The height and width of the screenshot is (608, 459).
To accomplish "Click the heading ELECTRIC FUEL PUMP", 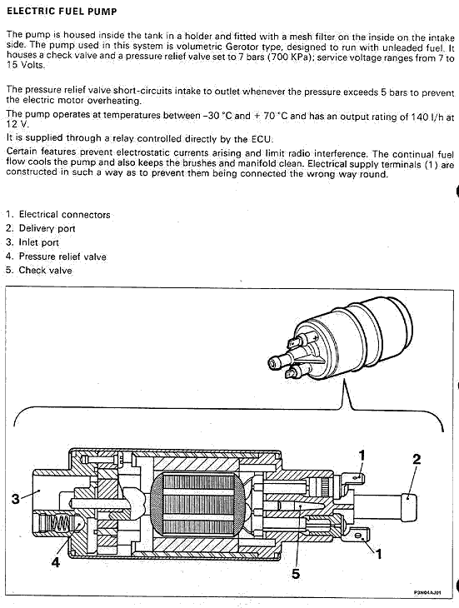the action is pos(62,12).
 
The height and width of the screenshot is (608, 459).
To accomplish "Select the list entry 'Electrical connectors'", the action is pos(64,214).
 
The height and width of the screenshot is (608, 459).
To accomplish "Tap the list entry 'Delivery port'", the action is pos(47,228).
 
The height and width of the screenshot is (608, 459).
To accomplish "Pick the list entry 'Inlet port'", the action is pos(39,242).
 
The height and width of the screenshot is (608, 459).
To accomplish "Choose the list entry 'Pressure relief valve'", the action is pos(62,257).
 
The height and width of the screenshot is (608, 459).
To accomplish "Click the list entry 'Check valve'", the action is pos(45,270).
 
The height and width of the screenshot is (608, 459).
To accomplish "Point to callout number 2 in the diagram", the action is pos(417,459).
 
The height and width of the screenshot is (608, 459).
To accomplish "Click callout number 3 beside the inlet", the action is pos(16,498).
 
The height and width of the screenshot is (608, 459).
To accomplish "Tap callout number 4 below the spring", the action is pos(56,562).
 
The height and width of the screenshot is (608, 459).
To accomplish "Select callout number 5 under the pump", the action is pos(296,574).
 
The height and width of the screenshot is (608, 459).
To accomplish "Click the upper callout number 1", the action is pos(362,456).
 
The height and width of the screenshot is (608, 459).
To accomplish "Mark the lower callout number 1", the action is pos(379,554).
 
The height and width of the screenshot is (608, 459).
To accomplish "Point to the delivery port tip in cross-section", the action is pos(409,507).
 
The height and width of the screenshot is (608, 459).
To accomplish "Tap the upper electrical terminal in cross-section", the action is pos(352,478).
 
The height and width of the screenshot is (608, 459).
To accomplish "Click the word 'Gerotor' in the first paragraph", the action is pos(242,47).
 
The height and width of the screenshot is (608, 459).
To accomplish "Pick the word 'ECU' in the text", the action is pos(262,139).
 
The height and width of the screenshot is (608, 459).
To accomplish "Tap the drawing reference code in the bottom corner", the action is pos(427,593).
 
